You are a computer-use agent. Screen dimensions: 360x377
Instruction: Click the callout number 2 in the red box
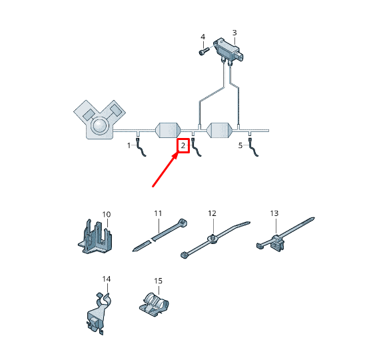(183, 146)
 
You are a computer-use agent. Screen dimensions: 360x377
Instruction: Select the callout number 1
(130, 145)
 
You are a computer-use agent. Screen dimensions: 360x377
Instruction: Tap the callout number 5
(241, 145)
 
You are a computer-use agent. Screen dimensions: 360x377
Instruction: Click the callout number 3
(234, 33)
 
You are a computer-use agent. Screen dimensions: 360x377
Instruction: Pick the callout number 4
(202, 36)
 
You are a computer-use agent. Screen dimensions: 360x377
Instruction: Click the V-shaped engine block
(99, 119)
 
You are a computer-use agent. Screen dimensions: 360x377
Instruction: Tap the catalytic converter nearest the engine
(168, 128)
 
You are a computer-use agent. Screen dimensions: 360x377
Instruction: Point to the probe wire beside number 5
(254, 150)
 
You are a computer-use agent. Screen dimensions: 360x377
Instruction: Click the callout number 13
(274, 213)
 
